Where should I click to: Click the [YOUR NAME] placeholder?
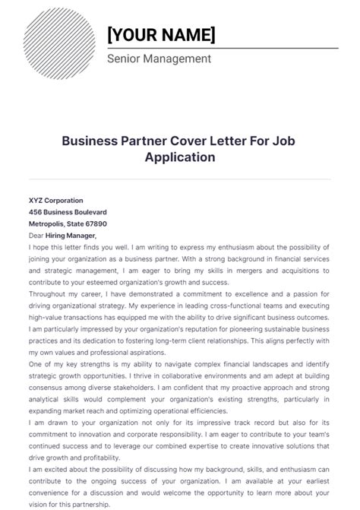tap(161, 34)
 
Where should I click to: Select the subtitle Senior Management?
tap(159, 59)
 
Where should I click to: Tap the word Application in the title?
tap(180, 157)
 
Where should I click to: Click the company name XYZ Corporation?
tap(56, 201)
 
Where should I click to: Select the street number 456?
tap(35, 212)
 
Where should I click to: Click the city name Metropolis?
tap(49, 224)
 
